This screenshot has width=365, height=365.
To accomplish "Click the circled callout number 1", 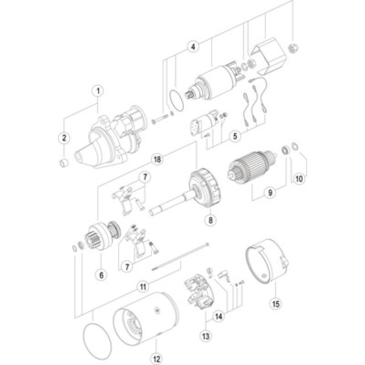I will [97, 90].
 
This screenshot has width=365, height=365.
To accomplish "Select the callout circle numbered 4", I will [193, 46].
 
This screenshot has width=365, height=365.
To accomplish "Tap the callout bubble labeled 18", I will [157, 159].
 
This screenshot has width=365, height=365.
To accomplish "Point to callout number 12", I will [156, 358].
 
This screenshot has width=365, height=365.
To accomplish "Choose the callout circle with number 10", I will [299, 179].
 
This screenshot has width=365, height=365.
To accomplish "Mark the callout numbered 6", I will [101, 275].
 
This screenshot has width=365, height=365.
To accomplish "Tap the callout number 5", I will [235, 136].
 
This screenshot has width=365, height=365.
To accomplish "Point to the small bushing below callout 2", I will [64, 162].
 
